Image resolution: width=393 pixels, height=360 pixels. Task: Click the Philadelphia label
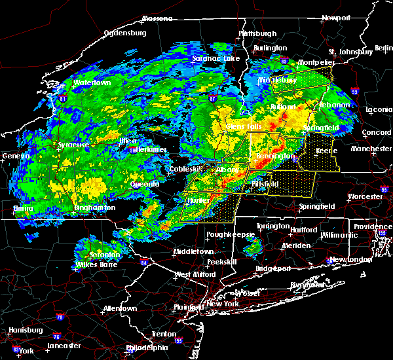tap(147, 348)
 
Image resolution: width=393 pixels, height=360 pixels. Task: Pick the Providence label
tap(373, 226)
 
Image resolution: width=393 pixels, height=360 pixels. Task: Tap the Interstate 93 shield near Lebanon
tap(354, 92)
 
